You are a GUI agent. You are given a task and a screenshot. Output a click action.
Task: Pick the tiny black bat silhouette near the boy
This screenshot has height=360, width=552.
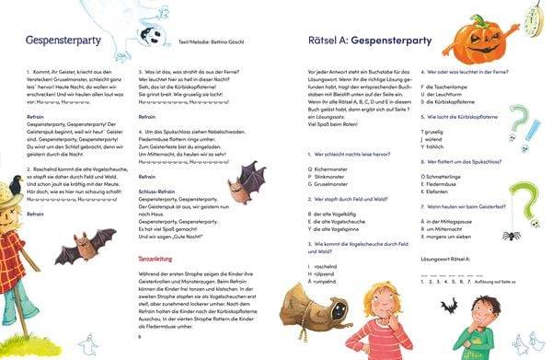point(451,305)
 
